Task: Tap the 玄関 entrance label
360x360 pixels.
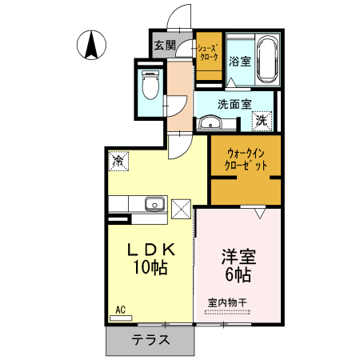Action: pos(164,45)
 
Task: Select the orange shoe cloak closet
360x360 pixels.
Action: pos(210,54)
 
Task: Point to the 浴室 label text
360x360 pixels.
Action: pos(239,61)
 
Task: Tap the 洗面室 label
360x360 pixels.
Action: pos(234,104)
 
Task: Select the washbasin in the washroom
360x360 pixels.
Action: pos(210,122)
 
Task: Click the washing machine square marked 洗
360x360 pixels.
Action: pos(262,121)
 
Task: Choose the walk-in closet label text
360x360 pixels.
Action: pos(246,158)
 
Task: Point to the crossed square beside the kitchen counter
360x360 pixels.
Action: pos(181,210)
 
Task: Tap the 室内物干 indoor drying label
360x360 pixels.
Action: pos(228,302)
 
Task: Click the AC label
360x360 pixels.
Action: pos(121,310)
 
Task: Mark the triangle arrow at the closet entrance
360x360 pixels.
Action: pos(259,214)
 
